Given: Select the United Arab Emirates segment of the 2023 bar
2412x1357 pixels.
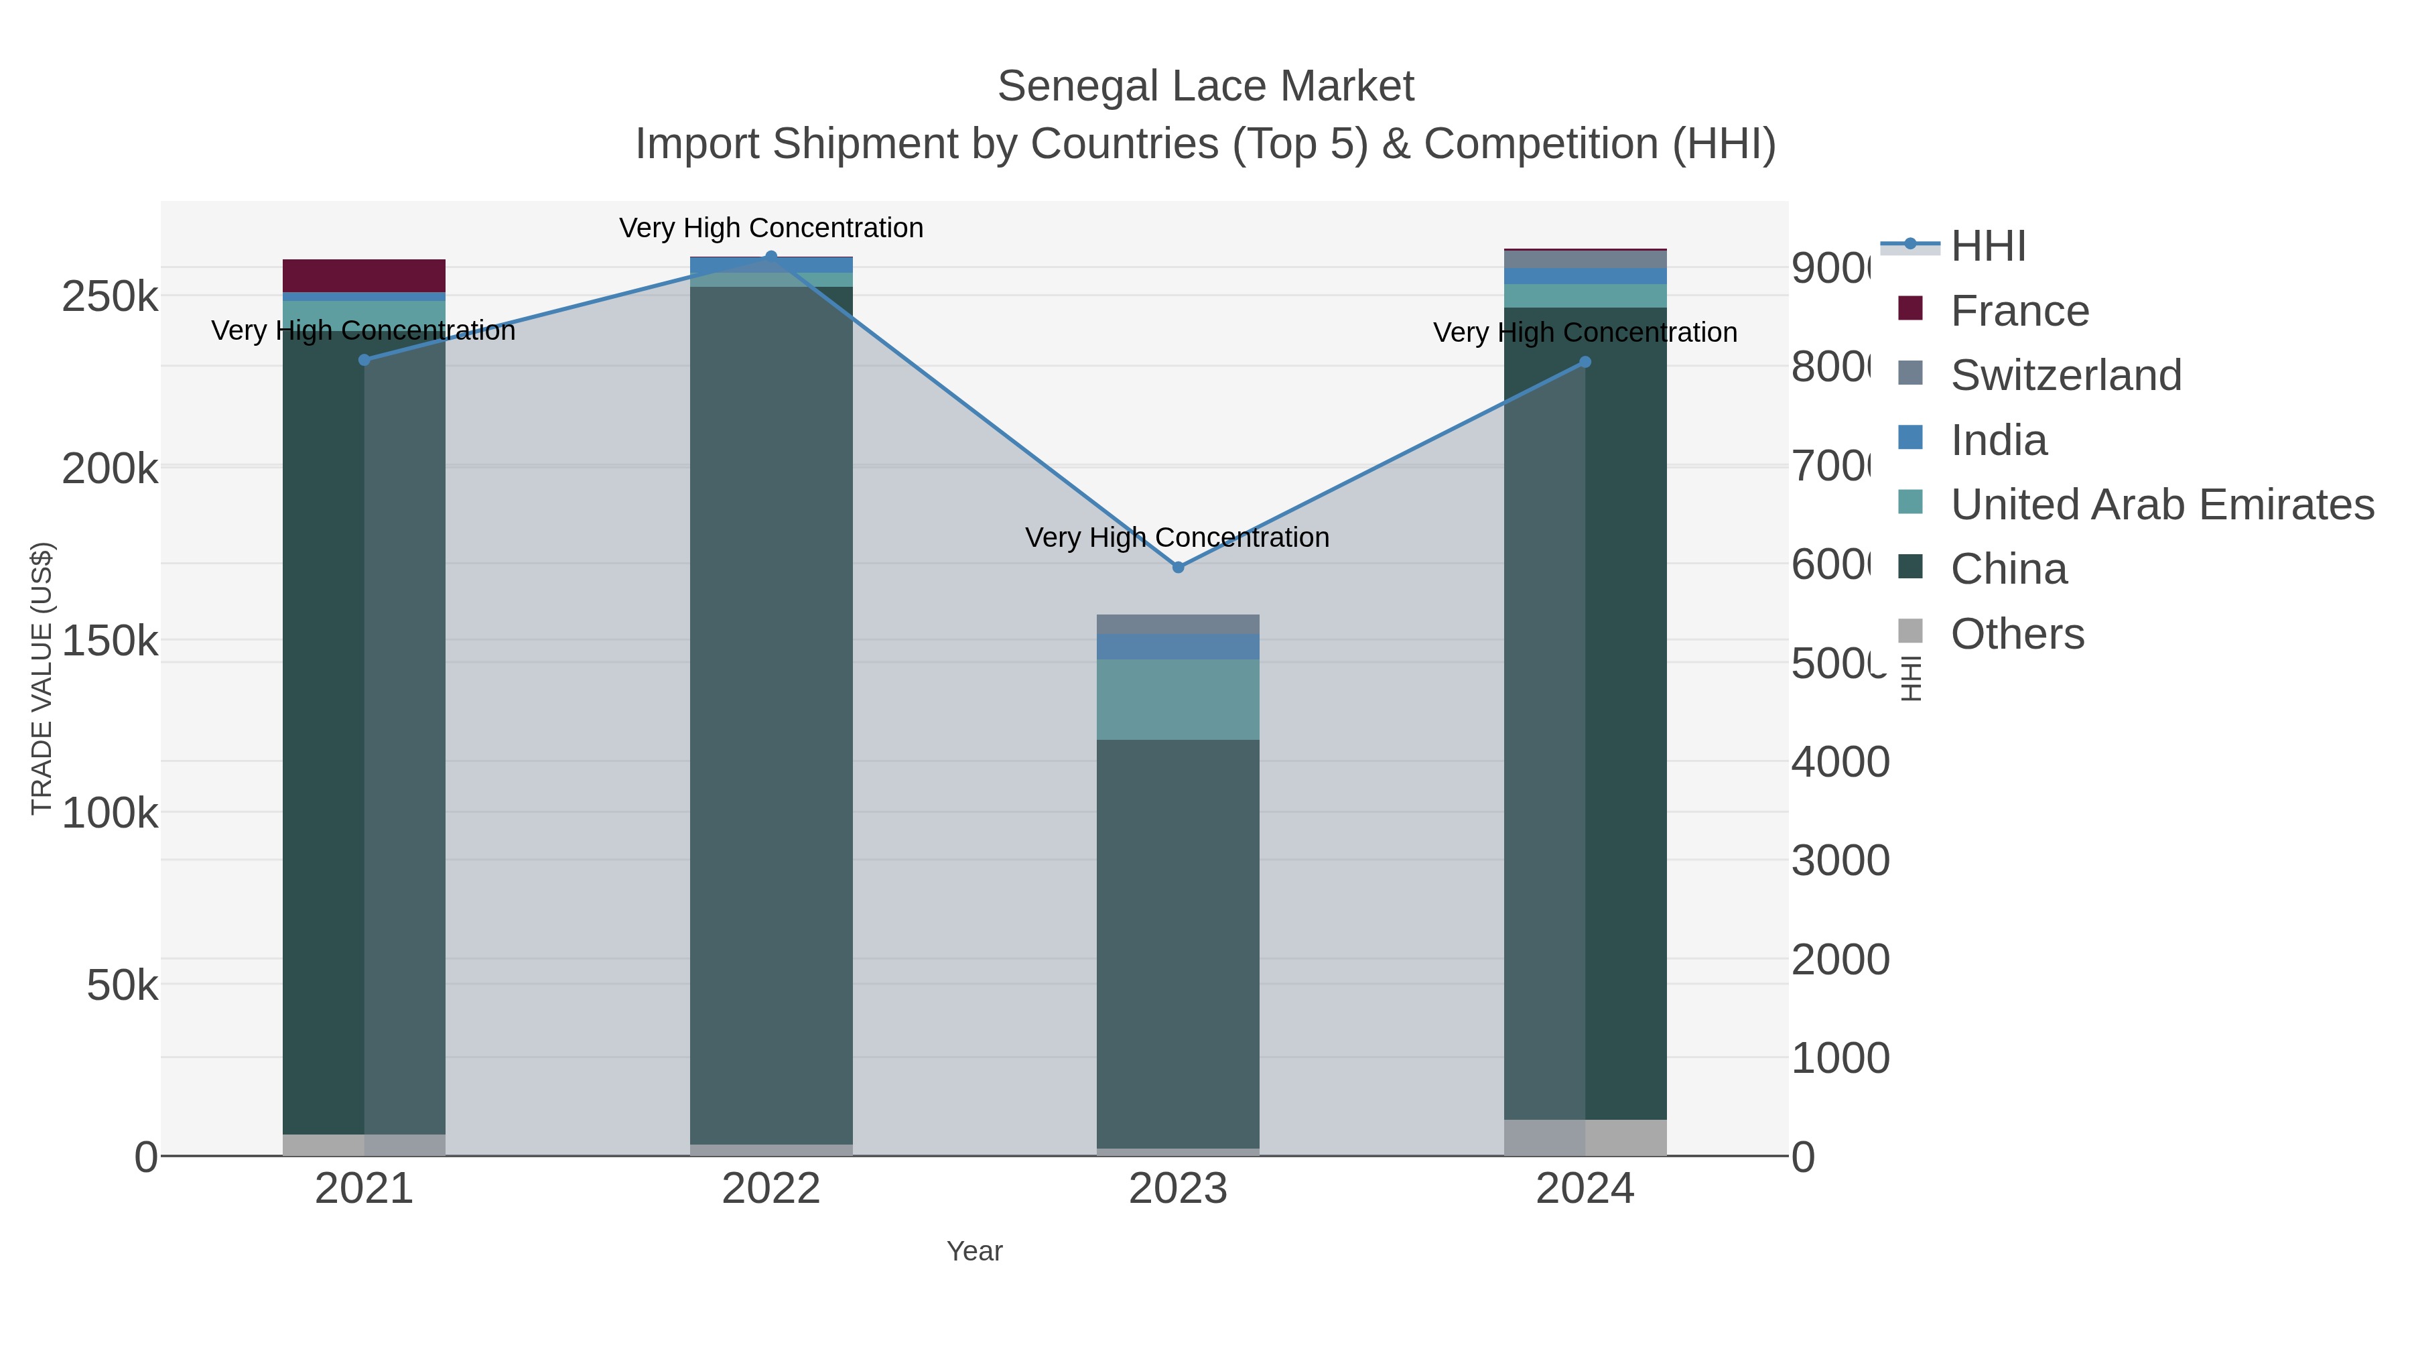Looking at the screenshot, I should [1177, 699].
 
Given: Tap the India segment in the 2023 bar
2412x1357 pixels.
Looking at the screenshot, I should [1177, 646].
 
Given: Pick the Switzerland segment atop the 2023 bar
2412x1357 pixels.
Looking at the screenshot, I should [1177, 624].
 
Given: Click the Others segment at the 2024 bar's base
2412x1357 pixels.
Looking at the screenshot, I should [1585, 1137].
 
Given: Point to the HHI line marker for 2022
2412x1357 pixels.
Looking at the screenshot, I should [770, 257].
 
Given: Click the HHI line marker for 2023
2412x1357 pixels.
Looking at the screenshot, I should [1178, 566].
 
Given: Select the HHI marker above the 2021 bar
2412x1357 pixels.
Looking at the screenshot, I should [364, 360].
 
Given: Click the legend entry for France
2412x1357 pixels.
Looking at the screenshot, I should [2019, 311].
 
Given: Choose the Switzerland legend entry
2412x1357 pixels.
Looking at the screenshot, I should [2065, 375].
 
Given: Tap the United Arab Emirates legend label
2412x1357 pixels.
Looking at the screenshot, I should [2161, 505].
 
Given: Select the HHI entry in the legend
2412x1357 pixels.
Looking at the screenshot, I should [1987, 247].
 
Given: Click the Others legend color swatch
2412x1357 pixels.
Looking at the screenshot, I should [1910, 632].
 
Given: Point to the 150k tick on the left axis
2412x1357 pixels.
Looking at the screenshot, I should [110, 641].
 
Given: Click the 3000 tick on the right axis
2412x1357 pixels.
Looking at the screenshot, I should [1839, 860].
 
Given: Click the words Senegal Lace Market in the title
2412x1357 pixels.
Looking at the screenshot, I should [1205, 86].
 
